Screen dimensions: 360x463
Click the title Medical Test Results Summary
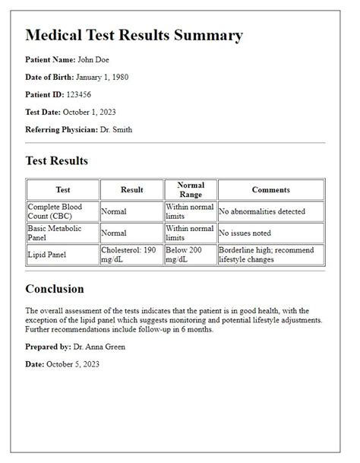tap(134, 35)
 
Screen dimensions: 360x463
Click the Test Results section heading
tap(57, 160)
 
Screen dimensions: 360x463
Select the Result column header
tap(131, 189)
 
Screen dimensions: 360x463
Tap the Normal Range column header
tap(190, 189)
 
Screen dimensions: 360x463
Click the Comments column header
tap(271, 189)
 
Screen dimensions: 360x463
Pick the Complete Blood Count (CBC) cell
tap(62, 211)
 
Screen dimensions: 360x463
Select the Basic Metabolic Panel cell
tap(62, 233)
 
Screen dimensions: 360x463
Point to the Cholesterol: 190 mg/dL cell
tap(131, 254)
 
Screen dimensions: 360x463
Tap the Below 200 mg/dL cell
tap(190, 254)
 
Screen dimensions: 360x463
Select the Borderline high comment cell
tap(270, 254)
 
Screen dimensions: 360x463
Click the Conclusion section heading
tap(55, 289)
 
